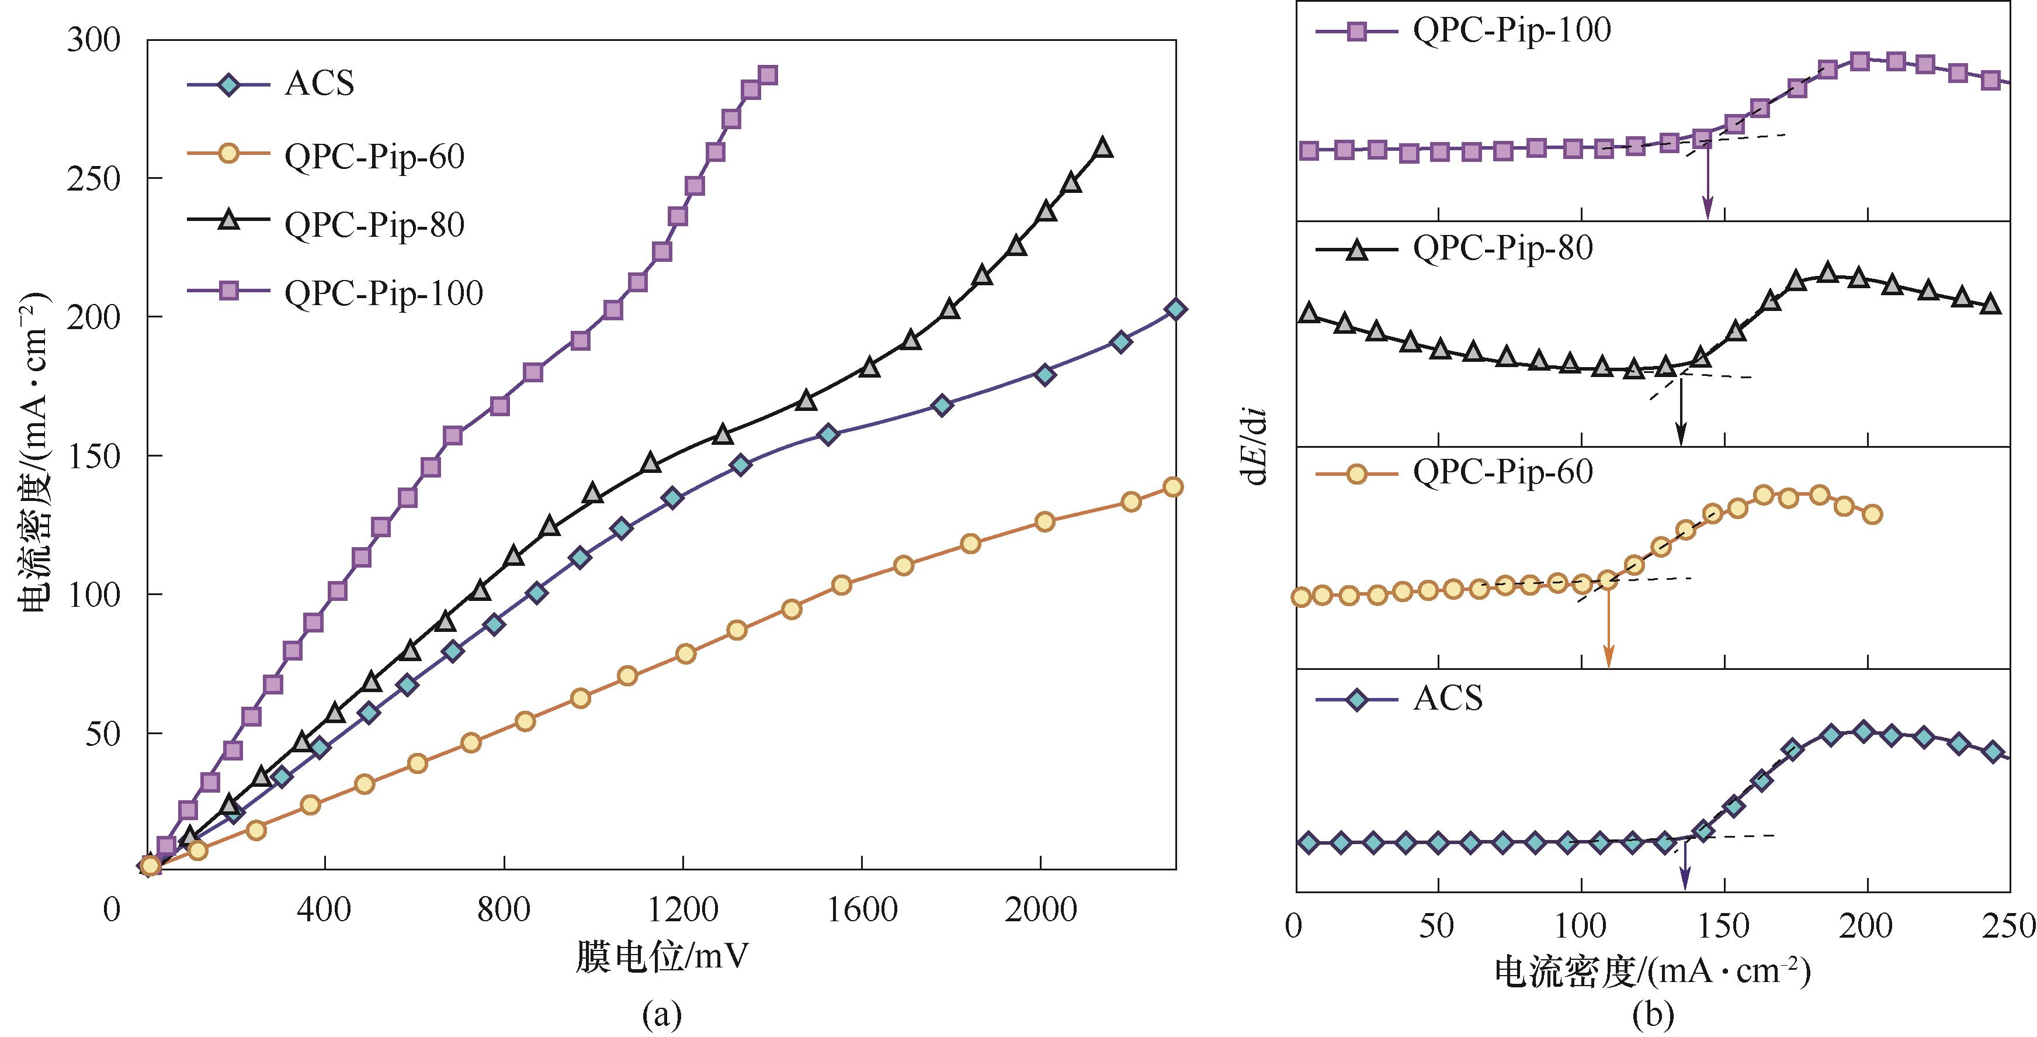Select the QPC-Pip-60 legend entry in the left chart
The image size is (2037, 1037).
click(374, 156)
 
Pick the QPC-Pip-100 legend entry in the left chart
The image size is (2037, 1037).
click(384, 293)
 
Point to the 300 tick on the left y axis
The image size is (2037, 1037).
click(93, 40)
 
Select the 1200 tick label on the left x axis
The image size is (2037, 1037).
click(682, 910)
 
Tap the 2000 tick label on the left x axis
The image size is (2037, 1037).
click(1040, 910)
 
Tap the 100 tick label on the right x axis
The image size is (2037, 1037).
click(1581, 925)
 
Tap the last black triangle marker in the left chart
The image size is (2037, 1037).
click(1102, 148)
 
